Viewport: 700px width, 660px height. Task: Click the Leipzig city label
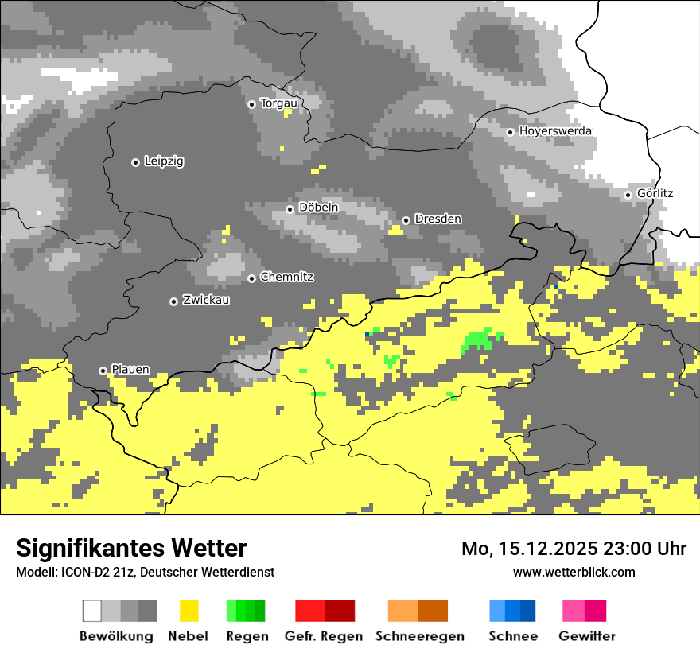coord(164,161)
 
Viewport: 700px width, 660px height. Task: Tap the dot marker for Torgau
coord(251,104)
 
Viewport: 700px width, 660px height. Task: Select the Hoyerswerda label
coord(555,131)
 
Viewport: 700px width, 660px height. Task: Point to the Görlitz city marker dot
coord(628,195)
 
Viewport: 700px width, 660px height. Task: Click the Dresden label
coord(438,219)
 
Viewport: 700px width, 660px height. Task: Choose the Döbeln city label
coord(318,208)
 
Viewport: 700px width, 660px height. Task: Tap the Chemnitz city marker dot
coord(251,278)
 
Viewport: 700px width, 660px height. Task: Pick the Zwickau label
coord(206,301)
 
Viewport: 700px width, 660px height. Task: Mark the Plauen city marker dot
coord(103,371)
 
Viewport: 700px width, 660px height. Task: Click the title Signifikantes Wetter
coord(131,549)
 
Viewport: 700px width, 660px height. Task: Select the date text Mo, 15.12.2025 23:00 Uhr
coord(574,549)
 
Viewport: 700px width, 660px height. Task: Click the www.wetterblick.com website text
coord(574,572)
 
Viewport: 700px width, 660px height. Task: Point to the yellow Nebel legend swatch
coord(189,611)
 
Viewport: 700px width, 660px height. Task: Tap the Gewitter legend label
coord(586,636)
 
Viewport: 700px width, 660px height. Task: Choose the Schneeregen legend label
coord(419,636)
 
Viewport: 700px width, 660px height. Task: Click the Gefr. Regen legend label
coord(324,636)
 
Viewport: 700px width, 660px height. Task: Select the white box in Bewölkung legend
coord(92,611)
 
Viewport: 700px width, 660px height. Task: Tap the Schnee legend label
coord(512,636)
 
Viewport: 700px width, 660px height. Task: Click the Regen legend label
coord(246,636)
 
